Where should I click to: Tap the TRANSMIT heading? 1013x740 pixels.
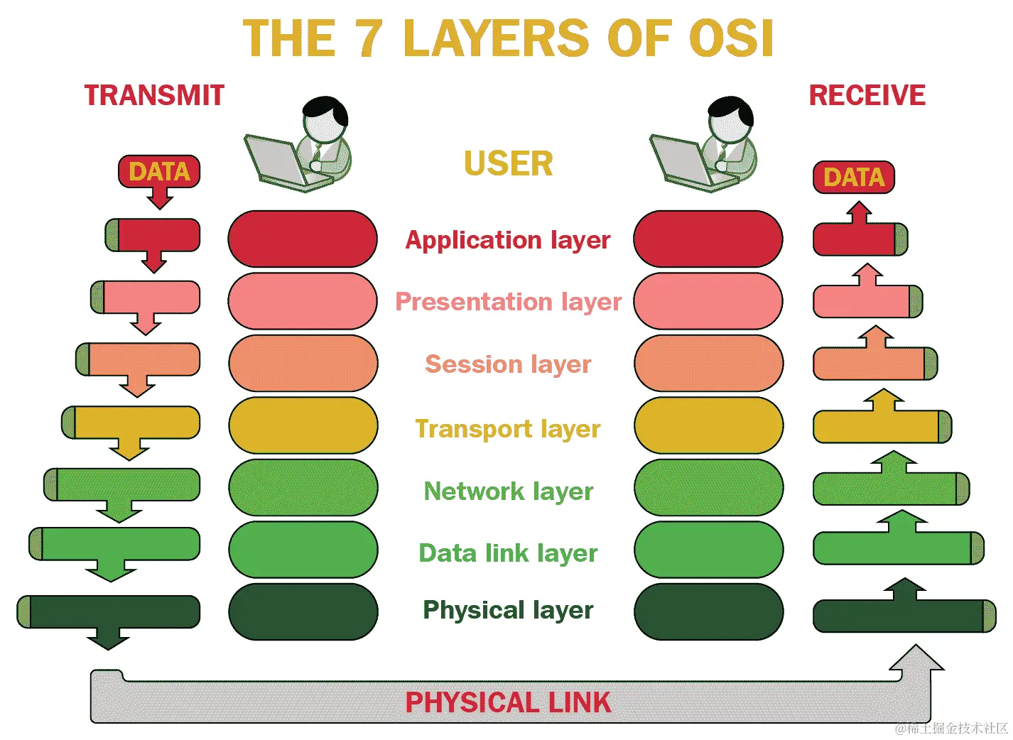pos(154,95)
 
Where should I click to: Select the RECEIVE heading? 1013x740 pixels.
pos(867,95)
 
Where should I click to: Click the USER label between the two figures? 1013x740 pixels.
pos(508,163)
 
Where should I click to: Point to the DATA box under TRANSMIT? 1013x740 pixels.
pos(159,172)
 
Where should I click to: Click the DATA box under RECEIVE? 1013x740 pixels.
pos(853,177)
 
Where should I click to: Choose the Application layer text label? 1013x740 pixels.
pos(507,240)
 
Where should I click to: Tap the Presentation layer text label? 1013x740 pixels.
pos(508,302)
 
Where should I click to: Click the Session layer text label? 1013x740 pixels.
pos(507,364)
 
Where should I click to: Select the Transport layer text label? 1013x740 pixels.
pos(507,429)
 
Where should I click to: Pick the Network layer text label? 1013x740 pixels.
pos(508,491)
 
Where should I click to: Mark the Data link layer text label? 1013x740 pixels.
pos(508,553)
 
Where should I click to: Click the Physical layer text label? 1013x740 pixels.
pos(508,610)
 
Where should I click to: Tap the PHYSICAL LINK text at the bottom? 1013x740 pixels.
pos(508,702)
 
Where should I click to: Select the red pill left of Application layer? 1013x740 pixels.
pos(303,239)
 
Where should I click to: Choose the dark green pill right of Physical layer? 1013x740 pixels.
pos(708,611)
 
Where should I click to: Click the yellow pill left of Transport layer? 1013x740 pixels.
pos(303,425)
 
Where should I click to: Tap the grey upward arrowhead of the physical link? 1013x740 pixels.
pos(916,659)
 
